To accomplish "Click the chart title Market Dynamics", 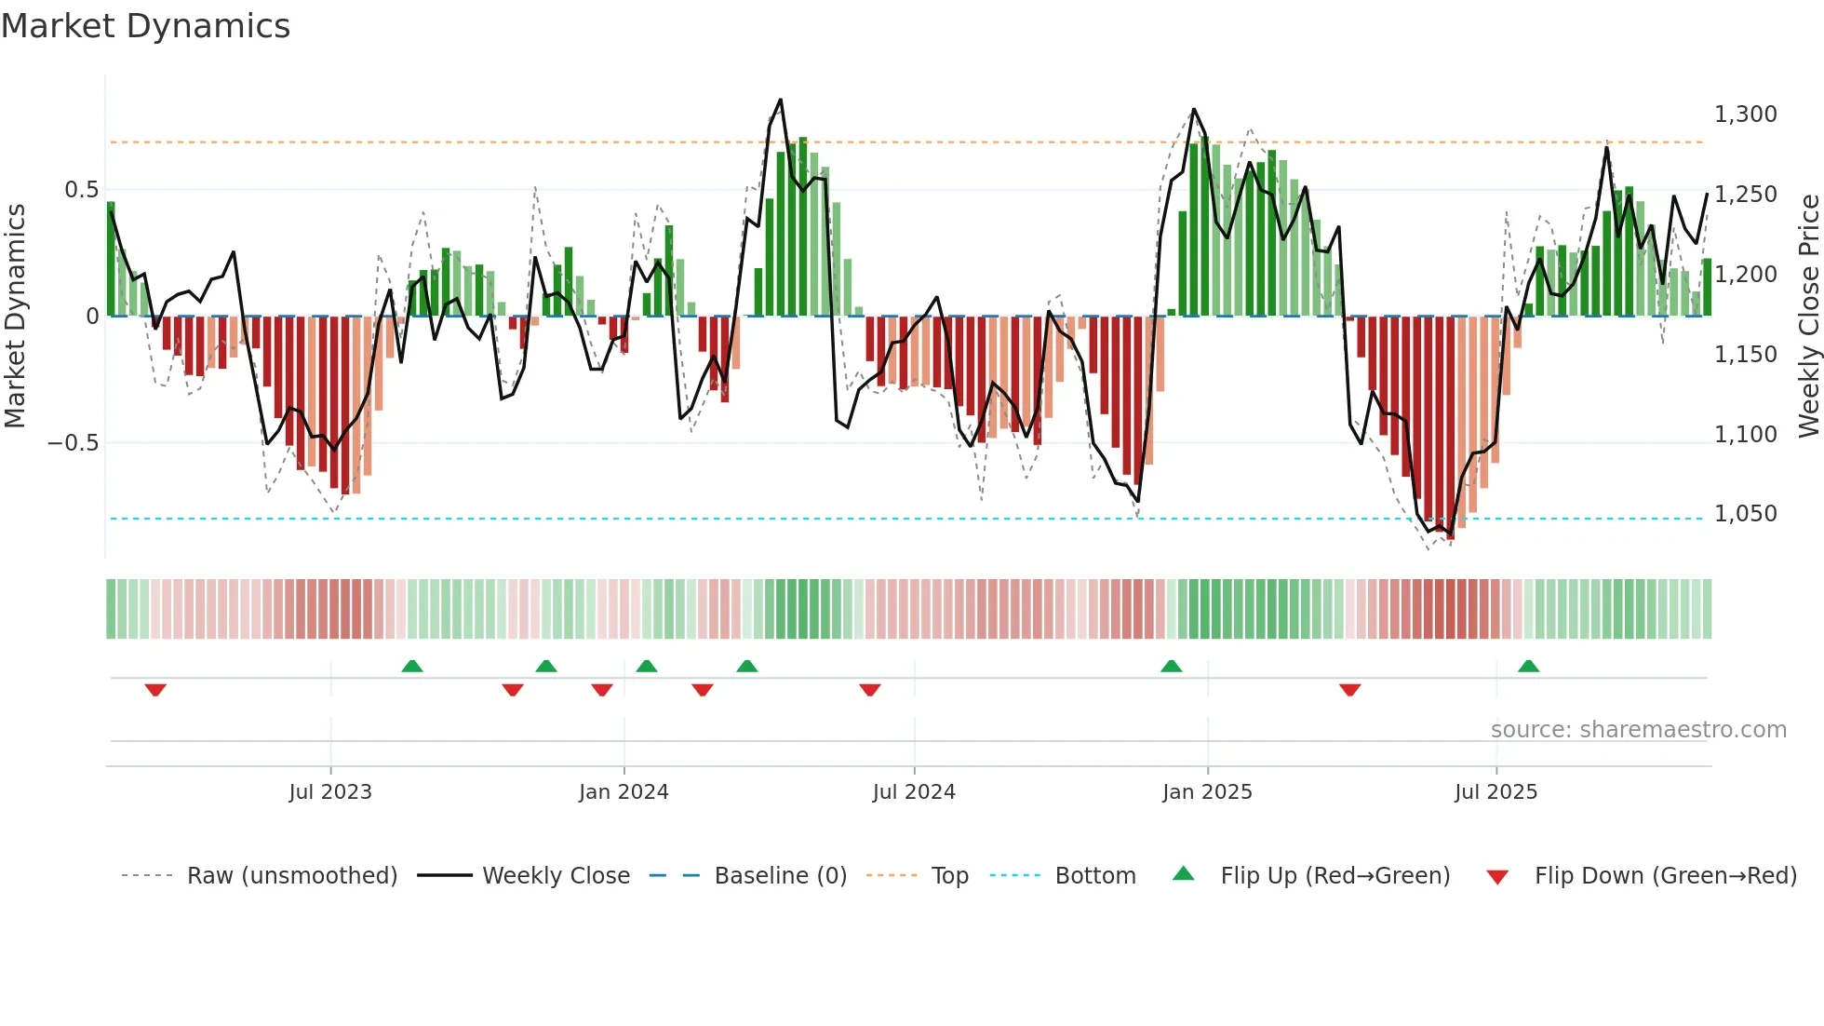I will coord(146,26).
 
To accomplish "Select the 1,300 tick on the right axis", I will coord(1745,115).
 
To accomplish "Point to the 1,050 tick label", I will coord(1745,514).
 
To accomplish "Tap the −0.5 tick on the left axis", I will coord(73,442).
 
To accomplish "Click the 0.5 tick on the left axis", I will coord(81,190).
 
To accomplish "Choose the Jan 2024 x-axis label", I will coord(624,792).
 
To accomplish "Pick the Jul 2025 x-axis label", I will coord(1495,792).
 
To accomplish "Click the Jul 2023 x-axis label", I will coord(330,792).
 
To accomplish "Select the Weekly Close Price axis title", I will coord(1808,316).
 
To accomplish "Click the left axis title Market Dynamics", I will coord(15,316).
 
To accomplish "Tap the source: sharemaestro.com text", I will coord(1638,730).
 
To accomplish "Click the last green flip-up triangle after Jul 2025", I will coord(1528,666).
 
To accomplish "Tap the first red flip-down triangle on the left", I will coord(155,690).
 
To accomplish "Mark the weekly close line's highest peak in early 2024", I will coord(780,100).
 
